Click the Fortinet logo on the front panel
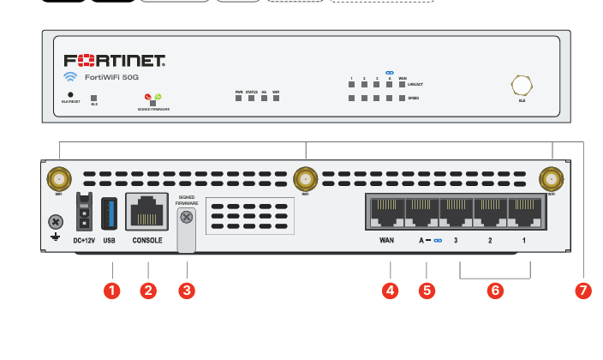click(x=115, y=61)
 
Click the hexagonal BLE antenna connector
click(x=522, y=85)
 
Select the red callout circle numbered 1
click(x=110, y=290)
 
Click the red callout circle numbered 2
click(x=148, y=290)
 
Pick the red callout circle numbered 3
click(x=187, y=290)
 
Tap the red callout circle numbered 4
click(x=391, y=290)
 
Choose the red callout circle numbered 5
click(x=427, y=290)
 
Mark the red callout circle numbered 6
click(x=494, y=290)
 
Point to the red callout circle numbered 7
click(x=584, y=290)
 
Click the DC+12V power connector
click(x=84, y=211)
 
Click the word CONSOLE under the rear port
click(x=147, y=241)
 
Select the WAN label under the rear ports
click(x=386, y=241)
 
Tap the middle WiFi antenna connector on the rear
click(x=304, y=179)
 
